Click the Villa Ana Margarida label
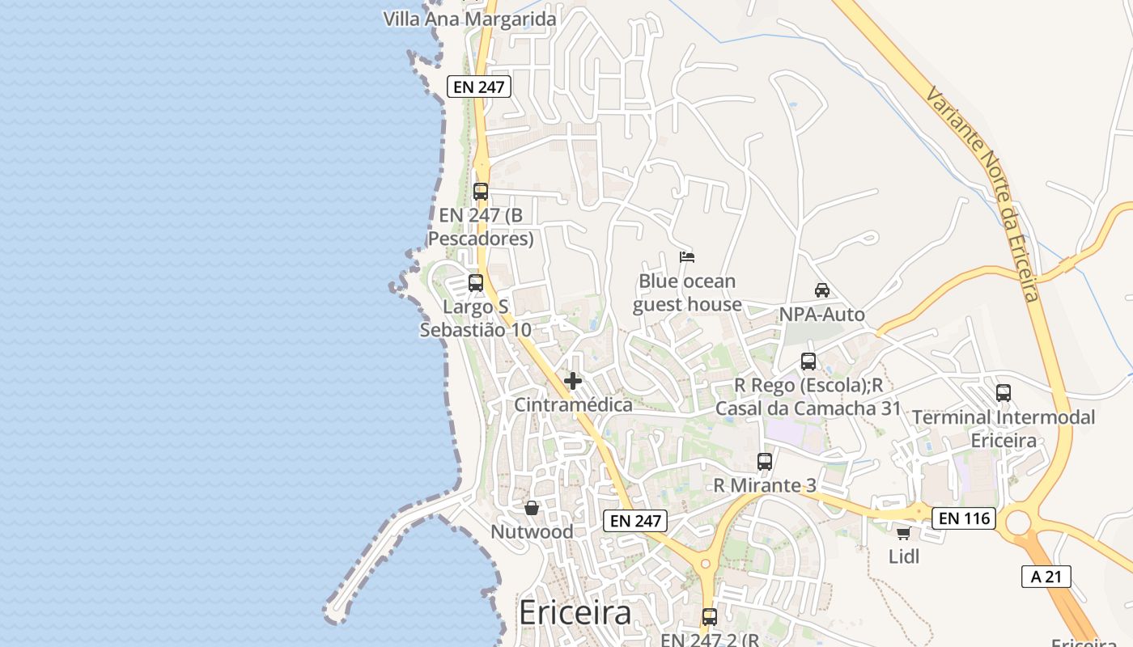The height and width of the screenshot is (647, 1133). (x=470, y=19)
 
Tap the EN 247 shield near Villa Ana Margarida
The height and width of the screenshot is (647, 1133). (x=479, y=87)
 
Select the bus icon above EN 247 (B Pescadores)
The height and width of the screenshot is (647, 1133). (x=481, y=192)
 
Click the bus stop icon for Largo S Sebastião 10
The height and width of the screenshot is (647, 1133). (x=476, y=283)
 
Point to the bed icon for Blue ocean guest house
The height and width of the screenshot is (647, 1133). (x=687, y=258)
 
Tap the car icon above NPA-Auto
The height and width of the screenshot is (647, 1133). (x=821, y=290)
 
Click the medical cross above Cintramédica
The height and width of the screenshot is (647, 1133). (x=573, y=381)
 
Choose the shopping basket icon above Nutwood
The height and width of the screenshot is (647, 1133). (x=532, y=508)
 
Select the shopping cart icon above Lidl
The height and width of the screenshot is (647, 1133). (x=903, y=533)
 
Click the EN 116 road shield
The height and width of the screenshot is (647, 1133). (x=963, y=518)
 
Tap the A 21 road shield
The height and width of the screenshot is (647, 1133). (x=1046, y=577)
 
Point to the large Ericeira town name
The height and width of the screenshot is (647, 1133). (x=575, y=613)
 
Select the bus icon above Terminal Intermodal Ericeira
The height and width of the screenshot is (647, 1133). (x=1004, y=393)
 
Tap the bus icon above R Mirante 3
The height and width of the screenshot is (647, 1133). (x=765, y=462)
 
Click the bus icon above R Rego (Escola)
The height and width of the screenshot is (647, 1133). (x=808, y=362)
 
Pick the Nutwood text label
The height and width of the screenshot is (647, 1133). (x=532, y=532)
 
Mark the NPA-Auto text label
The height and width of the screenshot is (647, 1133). (x=821, y=315)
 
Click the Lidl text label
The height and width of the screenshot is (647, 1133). (x=904, y=556)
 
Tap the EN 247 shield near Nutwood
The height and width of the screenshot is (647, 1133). (x=635, y=521)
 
